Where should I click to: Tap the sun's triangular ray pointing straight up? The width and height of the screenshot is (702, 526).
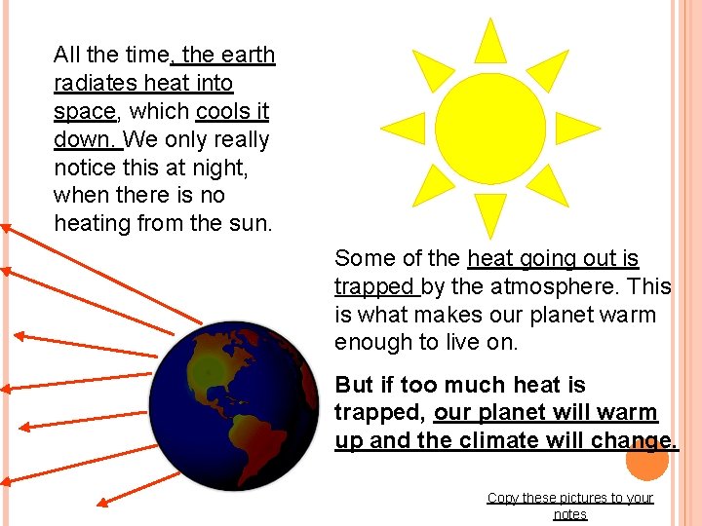[x=489, y=41]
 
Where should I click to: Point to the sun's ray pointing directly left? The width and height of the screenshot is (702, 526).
[x=405, y=127]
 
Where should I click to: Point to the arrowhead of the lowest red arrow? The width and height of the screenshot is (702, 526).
[x=104, y=503]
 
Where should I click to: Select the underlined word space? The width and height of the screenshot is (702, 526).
[x=84, y=112]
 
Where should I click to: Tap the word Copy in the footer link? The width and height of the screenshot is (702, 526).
[x=502, y=498]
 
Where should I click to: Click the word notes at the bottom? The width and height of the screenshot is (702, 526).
[x=570, y=514]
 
